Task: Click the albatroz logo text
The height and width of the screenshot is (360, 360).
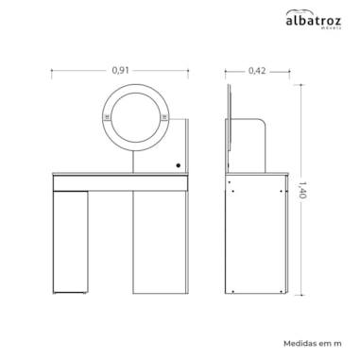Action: (313, 21)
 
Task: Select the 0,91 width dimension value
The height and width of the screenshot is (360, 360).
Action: (120, 70)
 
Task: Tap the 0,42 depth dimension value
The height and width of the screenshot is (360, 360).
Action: (257, 71)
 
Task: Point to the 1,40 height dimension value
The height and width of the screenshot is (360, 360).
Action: (302, 189)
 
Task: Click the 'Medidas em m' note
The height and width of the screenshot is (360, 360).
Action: (313, 343)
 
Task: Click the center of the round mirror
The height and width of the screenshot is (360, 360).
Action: (136, 117)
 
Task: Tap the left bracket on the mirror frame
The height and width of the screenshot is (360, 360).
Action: (107, 118)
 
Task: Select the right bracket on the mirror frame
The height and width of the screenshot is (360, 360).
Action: (164, 118)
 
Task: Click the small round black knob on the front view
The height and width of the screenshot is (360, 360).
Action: (179, 165)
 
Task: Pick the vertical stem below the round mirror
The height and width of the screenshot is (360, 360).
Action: (133, 162)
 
